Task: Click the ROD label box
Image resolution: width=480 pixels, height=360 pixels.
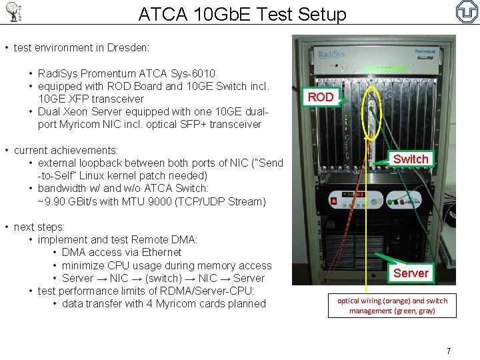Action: [x=321, y=97]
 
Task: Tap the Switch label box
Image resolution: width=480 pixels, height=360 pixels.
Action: [x=411, y=159]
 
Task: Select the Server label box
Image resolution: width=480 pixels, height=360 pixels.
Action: [x=411, y=273]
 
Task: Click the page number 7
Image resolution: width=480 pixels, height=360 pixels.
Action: [x=449, y=351]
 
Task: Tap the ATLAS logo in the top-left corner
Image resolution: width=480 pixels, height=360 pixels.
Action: [x=14, y=12]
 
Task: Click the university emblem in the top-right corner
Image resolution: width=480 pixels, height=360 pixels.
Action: [x=466, y=11]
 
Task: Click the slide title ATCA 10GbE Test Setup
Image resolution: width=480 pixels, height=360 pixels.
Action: [x=242, y=14]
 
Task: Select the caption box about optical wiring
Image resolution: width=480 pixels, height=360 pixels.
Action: [x=392, y=305]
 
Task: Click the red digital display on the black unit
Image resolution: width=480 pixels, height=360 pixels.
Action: [x=353, y=195]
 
